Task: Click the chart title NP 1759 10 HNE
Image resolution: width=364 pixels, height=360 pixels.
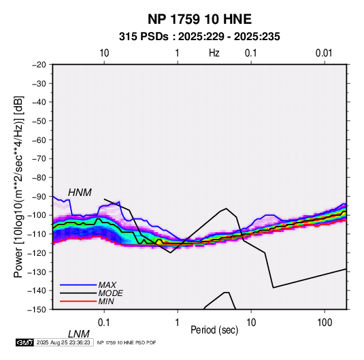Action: [x=199, y=19]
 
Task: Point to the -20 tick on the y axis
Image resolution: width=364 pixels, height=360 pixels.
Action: [x=39, y=65]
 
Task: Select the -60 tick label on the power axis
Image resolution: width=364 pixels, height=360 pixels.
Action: [x=39, y=140]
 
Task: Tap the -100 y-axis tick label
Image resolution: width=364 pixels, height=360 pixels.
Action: [x=37, y=215]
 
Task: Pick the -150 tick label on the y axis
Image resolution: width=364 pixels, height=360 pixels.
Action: [x=37, y=310]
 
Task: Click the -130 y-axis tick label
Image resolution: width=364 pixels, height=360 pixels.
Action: [x=37, y=272]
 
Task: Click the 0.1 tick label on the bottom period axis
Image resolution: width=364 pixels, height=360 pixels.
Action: [x=104, y=323]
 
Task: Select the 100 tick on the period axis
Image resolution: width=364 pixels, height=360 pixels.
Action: [x=324, y=323]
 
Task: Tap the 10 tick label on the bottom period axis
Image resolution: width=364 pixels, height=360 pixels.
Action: [x=251, y=323]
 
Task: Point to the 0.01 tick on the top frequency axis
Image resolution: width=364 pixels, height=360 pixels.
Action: [x=324, y=53]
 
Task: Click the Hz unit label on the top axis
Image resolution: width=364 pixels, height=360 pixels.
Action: [x=214, y=53]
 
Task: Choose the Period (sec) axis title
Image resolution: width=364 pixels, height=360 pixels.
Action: [x=214, y=330]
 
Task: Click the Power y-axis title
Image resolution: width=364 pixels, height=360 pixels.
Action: [x=19, y=186]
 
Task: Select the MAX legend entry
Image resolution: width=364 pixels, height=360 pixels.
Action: [x=107, y=284]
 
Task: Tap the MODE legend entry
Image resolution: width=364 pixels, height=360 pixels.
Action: [x=110, y=293]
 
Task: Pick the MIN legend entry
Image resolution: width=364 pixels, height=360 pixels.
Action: [x=106, y=301]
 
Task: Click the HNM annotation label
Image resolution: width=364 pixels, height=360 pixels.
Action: [x=80, y=193]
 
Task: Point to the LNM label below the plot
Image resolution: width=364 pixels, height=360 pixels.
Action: [x=78, y=334]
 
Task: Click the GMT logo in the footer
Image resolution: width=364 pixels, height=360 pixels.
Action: [x=25, y=342]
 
